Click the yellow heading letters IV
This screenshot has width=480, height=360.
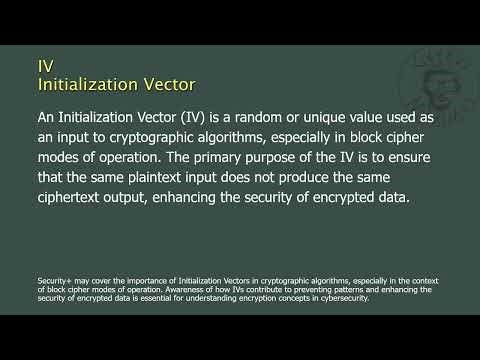(45, 65)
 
